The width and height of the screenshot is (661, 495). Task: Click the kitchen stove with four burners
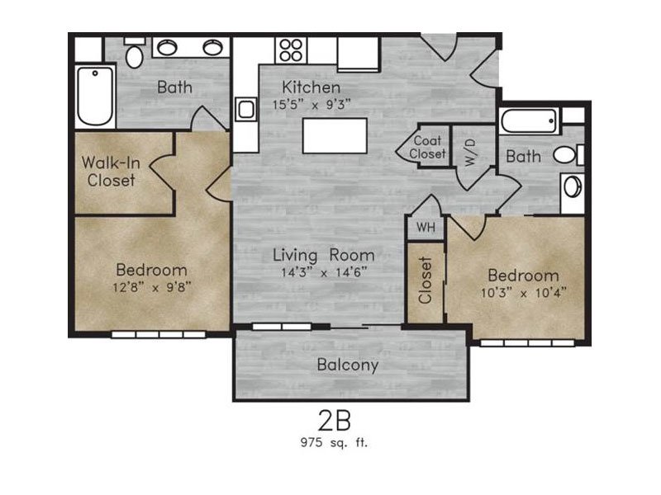(x=292, y=50)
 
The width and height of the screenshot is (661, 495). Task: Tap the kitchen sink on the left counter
(x=246, y=110)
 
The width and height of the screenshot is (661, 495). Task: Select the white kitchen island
(x=335, y=135)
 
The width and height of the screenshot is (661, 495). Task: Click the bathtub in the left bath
(x=95, y=96)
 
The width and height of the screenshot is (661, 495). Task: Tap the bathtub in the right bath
(x=530, y=121)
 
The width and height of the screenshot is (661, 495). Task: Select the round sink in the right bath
(x=572, y=186)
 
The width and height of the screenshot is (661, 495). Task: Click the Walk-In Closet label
(x=111, y=172)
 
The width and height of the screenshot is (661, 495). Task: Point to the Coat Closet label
(x=427, y=147)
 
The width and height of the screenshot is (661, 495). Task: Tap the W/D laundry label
(x=471, y=152)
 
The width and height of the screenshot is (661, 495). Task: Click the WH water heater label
(x=426, y=228)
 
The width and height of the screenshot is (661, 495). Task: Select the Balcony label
(x=347, y=365)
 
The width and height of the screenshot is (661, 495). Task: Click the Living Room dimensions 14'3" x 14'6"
(x=324, y=272)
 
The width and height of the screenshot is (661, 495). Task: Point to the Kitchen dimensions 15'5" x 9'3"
(x=311, y=105)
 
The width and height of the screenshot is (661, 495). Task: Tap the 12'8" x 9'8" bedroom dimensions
(x=152, y=287)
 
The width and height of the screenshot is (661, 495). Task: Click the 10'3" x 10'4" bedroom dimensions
(x=523, y=293)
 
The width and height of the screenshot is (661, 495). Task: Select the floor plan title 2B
(x=335, y=421)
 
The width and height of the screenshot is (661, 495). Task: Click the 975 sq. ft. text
(x=334, y=442)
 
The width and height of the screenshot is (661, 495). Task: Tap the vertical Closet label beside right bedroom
(x=426, y=280)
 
